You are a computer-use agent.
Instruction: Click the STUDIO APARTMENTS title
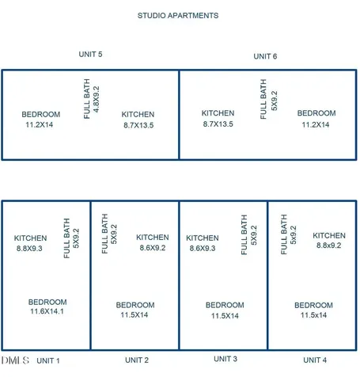coord(178,16)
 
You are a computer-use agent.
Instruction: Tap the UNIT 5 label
coord(90,55)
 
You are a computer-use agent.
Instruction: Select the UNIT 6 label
coord(265,56)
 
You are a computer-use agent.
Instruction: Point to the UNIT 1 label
coord(48,360)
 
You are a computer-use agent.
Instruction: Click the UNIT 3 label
coord(225,359)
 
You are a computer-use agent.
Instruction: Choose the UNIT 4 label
coord(315,360)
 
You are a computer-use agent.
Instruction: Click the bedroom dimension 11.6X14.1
coord(47,311)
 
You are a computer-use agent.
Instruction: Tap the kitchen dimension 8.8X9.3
coord(29,249)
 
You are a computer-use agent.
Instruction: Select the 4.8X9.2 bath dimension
coord(97,99)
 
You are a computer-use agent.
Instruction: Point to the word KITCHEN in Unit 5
coord(138,115)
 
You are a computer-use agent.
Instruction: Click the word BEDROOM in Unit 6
coord(316,113)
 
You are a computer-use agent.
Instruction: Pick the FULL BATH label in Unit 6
coord(263,99)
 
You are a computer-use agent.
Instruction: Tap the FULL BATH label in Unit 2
coord(104,234)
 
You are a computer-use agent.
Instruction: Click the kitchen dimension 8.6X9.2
coord(153,248)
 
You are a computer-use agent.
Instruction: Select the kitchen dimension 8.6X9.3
coord(203,249)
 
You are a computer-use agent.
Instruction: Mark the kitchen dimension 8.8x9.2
coord(329,246)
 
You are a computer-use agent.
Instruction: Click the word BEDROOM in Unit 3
coord(225,305)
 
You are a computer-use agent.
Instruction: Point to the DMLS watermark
coord(15,360)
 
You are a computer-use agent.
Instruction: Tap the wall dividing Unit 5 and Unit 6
coord(179,115)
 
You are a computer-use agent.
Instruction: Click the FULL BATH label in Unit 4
coord(283,234)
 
